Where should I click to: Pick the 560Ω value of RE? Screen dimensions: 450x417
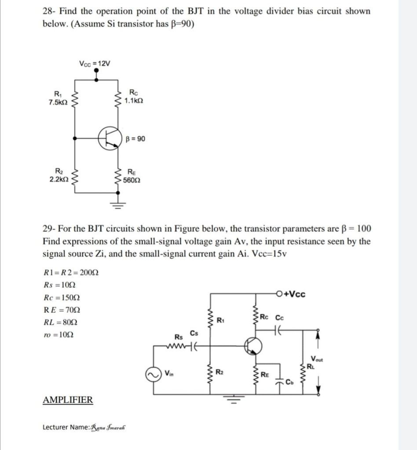click(x=132, y=180)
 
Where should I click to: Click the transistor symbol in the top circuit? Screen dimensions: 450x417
click(x=109, y=139)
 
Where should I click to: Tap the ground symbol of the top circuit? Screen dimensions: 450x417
click(x=118, y=203)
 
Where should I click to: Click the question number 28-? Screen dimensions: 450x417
click(x=49, y=11)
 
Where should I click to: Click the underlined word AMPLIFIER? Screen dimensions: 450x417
click(x=68, y=400)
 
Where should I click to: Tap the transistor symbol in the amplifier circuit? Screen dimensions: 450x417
click(x=252, y=346)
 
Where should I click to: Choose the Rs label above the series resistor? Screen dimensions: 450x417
click(x=179, y=337)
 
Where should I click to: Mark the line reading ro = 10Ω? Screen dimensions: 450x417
click(x=59, y=335)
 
